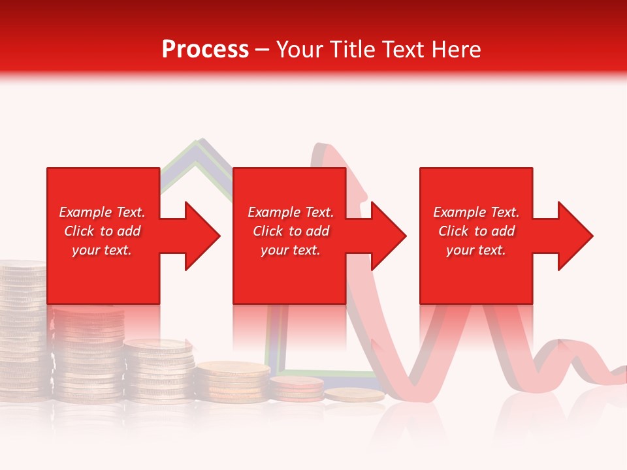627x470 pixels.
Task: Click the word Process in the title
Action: pyautogui.click(x=205, y=50)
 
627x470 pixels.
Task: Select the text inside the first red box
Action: pyautogui.click(x=102, y=231)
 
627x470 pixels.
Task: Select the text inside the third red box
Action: pyautogui.click(x=476, y=231)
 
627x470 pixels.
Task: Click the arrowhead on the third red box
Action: pyautogui.click(x=574, y=236)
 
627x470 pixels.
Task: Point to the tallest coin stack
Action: pyautogui.click(x=23, y=326)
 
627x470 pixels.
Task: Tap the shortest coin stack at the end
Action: pyautogui.click(x=345, y=395)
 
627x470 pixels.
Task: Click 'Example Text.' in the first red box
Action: pyautogui.click(x=102, y=212)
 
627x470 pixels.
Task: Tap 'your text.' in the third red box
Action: pyautogui.click(x=476, y=250)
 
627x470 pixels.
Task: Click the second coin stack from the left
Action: pyautogui.click(x=88, y=352)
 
